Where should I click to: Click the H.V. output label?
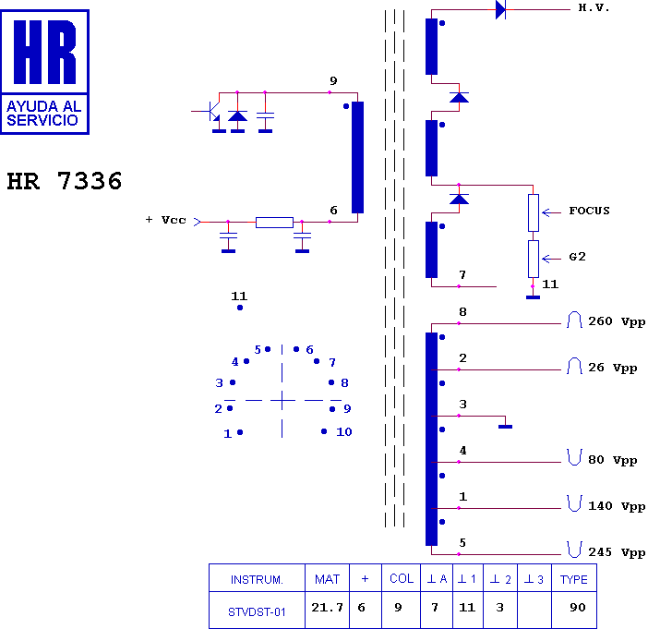pyautogui.click(x=594, y=7)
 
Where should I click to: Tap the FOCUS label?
pyautogui.click(x=589, y=211)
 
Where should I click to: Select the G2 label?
pyautogui.click(x=577, y=257)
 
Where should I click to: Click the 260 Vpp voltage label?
pyautogui.click(x=617, y=321)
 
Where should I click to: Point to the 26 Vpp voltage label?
pyautogui.click(x=612, y=368)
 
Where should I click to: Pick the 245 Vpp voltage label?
pyautogui.click(x=617, y=552)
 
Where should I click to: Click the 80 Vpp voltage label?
pyautogui.click(x=612, y=460)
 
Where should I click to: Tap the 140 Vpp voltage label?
pyautogui.click(x=617, y=506)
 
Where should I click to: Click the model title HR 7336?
pyautogui.click(x=65, y=181)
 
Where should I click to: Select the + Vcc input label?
pyautogui.click(x=166, y=220)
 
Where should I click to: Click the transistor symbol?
pyautogui.click(x=212, y=112)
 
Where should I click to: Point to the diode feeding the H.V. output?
pyautogui.click(x=500, y=9)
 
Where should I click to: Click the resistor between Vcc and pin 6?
pyautogui.click(x=274, y=223)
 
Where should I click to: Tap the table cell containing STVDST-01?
pyautogui.click(x=257, y=611)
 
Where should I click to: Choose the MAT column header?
pyautogui.click(x=327, y=579)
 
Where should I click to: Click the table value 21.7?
pyautogui.click(x=327, y=608)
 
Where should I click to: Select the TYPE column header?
pyautogui.click(x=573, y=579)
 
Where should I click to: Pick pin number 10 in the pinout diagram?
pyautogui.click(x=343, y=432)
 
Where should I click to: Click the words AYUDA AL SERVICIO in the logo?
pyautogui.click(x=43, y=114)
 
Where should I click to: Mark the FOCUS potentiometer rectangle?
pyautogui.click(x=534, y=213)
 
